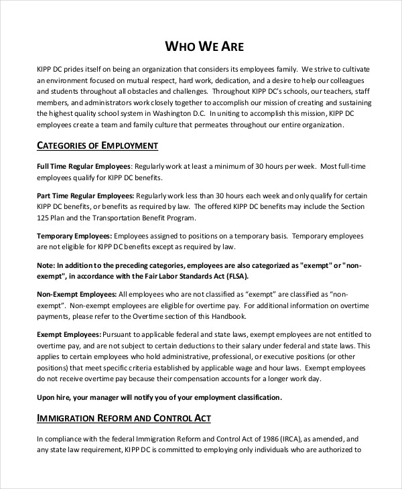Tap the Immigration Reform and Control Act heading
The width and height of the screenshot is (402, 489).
[x=123, y=418]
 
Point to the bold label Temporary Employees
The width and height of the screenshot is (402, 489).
[x=74, y=236]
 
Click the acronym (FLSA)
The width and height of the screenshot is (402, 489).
[x=248, y=276]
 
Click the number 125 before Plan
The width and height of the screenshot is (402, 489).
[x=44, y=218]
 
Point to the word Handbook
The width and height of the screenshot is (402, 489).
[x=228, y=316]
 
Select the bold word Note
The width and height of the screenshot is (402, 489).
[x=46, y=265]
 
